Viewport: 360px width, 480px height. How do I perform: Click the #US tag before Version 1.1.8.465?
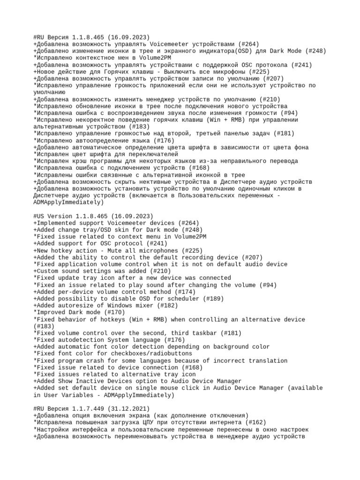point(39,216)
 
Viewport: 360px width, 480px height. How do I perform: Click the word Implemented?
point(57,223)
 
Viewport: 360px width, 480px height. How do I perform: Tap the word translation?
point(268,361)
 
